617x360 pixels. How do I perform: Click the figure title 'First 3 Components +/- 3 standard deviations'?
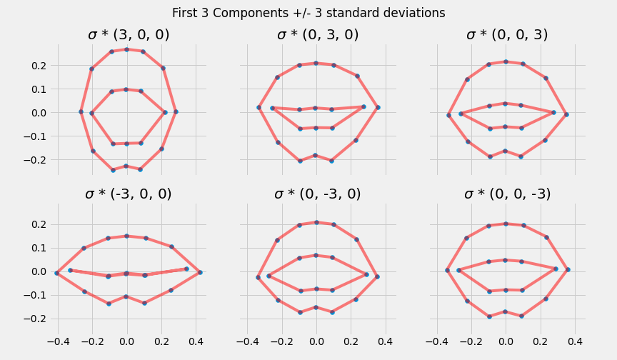[x=308, y=13]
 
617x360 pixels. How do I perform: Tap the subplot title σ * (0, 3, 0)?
[x=318, y=35]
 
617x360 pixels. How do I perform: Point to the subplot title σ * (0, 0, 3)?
[x=507, y=35]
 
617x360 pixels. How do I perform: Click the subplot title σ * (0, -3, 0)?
[x=318, y=194]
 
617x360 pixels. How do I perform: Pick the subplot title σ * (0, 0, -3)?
[x=507, y=194]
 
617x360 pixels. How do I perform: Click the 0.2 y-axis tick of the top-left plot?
[x=37, y=66]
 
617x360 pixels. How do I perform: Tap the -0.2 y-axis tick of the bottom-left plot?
[x=36, y=319]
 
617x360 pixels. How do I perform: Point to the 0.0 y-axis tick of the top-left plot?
[x=37, y=113]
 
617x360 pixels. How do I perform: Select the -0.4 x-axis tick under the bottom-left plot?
[x=57, y=341]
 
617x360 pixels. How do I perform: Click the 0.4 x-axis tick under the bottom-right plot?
[x=573, y=341]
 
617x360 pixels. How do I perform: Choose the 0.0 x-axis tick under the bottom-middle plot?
[x=316, y=341]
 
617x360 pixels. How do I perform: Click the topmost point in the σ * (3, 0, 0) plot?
[x=126, y=49]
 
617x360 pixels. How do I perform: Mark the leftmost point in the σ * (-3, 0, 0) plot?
[x=56, y=273]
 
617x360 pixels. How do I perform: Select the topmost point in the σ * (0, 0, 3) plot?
[x=506, y=61]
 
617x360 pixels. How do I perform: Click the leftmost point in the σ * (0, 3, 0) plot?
[x=259, y=108]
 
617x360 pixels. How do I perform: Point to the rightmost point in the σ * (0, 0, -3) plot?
[x=568, y=269]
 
